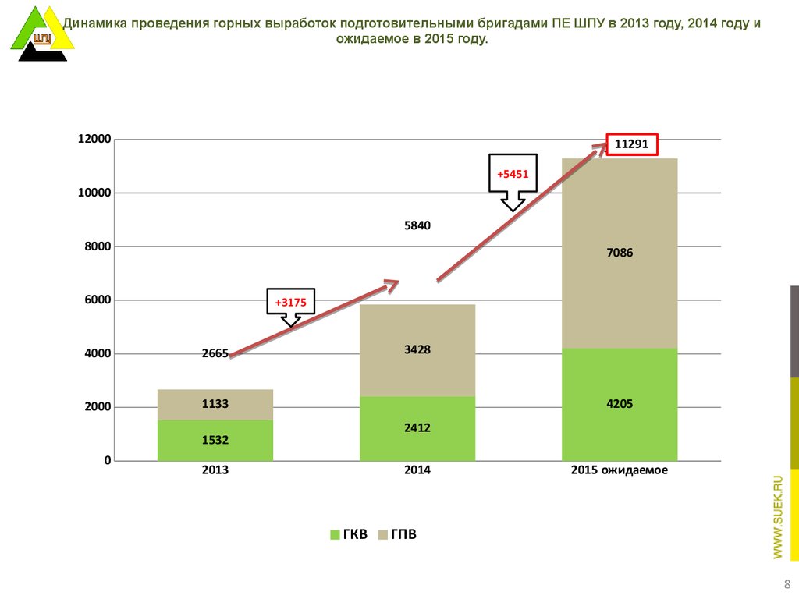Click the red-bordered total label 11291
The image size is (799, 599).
click(x=632, y=144)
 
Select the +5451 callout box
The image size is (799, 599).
click(x=513, y=174)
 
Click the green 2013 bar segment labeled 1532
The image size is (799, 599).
click(x=215, y=441)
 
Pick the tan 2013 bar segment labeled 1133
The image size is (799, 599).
click(x=215, y=404)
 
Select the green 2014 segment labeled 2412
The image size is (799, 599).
click(x=417, y=428)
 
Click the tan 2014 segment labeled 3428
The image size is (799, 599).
click(x=417, y=350)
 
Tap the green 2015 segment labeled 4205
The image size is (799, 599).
click(x=620, y=404)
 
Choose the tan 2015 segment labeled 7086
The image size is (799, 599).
click(x=620, y=253)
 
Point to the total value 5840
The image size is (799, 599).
click(x=417, y=226)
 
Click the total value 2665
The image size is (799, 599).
click(x=215, y=353)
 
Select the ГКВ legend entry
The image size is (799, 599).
click(x=349, y=535)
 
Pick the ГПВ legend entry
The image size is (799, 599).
click(x=397, y=535)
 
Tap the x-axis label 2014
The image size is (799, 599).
click(x=417, y=471)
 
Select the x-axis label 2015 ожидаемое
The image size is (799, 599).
click(x=620, y=471)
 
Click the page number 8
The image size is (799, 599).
click(x=786, y=585)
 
